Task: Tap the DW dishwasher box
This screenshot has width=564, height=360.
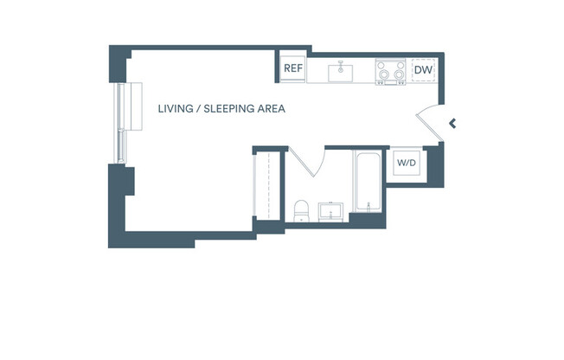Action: (x=423, y=70)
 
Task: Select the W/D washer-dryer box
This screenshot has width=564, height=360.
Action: (x=406, y=163)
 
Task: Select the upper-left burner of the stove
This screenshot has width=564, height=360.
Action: (x=383, y=65)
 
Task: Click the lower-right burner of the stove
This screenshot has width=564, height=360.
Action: (x=399, y=76)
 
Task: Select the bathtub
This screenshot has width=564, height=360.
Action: (x=366, y=182)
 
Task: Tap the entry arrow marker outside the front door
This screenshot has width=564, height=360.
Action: (x=452, y=123)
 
